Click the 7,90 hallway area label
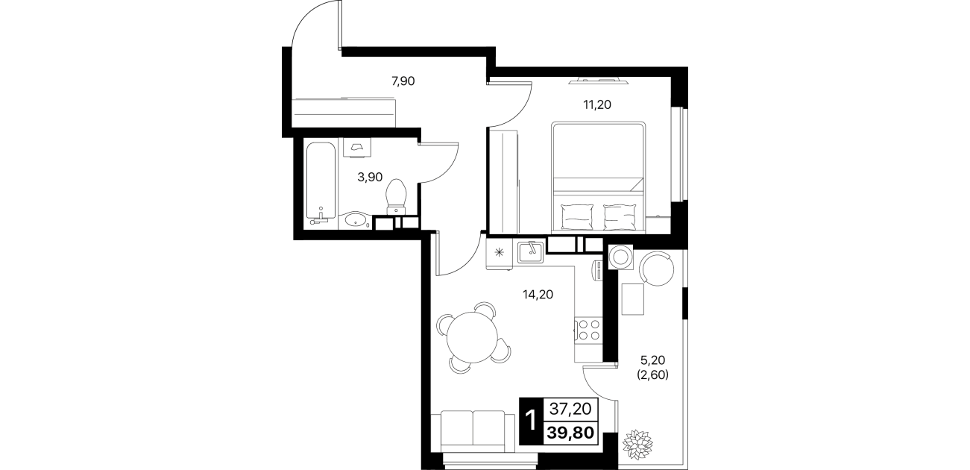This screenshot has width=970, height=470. click(x=100, y=81)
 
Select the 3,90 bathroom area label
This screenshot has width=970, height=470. click(x=370, y=177)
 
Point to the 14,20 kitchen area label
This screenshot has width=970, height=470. click(x=538, y=295)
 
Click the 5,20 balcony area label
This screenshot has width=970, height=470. click(x=652, y=360)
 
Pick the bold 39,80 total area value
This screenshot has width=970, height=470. click(x=570, y=432)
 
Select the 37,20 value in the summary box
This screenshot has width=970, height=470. click(x=570, y=409)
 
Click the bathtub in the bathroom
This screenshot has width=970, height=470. click(x=321, y=181)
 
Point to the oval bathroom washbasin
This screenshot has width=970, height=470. click(x=355, y=220)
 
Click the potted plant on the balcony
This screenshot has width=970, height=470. click(x=637, y=445)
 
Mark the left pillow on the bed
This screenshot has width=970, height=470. click(x=577, y=217)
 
